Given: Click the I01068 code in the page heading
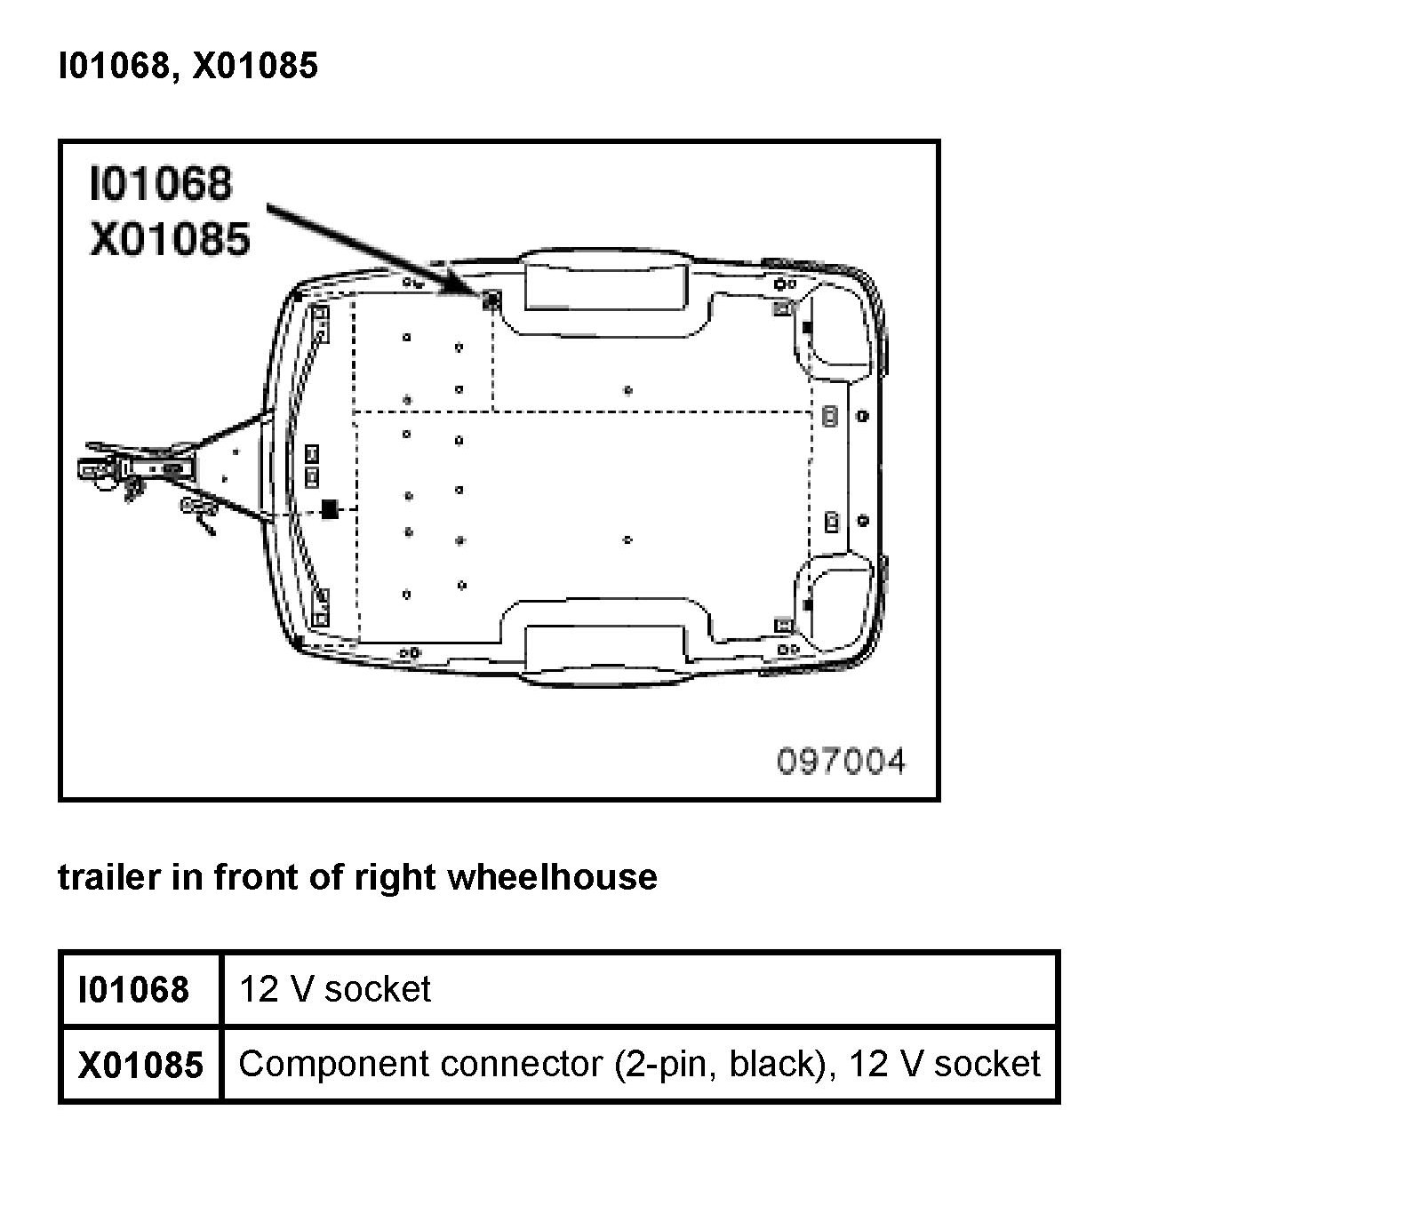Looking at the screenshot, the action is pos(115,67).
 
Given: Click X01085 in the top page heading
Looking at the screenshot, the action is pos(256,67).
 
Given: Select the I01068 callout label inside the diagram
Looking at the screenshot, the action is pos(161,183).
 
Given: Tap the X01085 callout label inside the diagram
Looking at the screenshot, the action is pos(170,238).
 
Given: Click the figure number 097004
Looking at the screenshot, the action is pos(841,762).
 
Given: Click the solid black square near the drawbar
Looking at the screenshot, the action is pos(330,509).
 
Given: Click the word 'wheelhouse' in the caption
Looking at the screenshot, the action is pos(552,877).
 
